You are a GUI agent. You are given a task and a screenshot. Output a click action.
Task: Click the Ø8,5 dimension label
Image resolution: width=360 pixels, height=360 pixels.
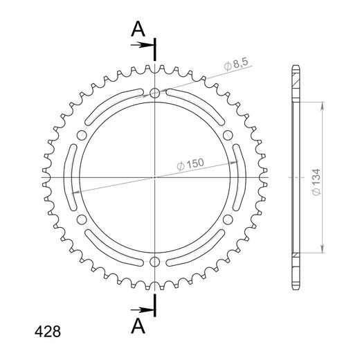click(x=236, y=64)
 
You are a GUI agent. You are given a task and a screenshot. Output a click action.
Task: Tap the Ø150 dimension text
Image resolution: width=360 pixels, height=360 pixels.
click(x=190, y=164)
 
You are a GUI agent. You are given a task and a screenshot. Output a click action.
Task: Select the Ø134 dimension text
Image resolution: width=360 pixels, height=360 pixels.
click(x=316, y=182)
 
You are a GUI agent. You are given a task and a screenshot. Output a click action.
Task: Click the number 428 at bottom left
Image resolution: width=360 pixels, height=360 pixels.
click(x=48, y=332)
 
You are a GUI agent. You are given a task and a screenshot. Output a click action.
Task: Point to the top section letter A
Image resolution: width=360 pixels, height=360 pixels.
click(x=138, y=29)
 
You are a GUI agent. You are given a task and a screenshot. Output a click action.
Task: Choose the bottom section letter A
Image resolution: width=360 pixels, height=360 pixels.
click(x=138, y=325)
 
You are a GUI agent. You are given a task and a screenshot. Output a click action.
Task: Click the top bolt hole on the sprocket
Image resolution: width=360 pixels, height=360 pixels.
click(x=154, y=93)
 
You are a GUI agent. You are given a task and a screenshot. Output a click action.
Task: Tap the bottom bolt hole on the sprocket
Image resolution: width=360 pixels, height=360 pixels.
click(x=154, y=262)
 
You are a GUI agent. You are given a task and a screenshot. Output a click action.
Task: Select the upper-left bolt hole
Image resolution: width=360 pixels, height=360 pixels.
click(x=82, y=135)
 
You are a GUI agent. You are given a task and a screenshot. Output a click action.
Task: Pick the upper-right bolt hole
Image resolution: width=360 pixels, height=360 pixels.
click(x=228, y=135)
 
